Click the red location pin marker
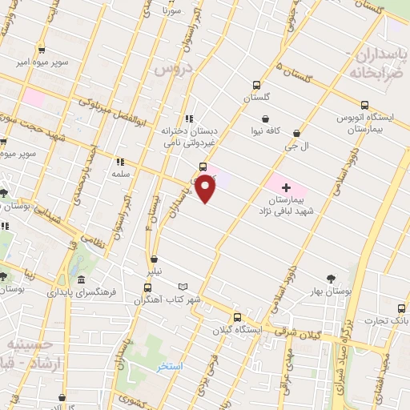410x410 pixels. coord(206,189)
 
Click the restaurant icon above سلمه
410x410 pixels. coord(122,161)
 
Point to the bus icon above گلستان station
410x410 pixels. coord(256,86)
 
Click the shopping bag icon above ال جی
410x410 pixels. coord(297,134)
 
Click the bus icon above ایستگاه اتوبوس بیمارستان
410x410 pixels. coord(366,104)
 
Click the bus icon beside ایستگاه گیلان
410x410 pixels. coord(236,316)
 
